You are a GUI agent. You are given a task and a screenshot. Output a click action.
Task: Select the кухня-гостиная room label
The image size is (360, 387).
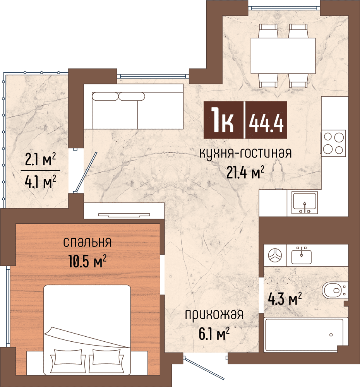tap(245, 153)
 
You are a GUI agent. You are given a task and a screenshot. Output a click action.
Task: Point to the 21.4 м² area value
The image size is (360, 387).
tap(245, 172)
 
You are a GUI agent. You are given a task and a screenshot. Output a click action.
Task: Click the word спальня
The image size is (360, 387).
tap(87, 242)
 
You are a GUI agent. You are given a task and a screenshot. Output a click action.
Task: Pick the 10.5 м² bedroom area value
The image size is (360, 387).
tap(87, 261)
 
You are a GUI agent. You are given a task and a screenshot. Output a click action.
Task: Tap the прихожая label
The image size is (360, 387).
tap(214, 315)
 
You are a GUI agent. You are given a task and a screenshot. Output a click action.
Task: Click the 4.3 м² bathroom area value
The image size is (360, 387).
tap(285, 299)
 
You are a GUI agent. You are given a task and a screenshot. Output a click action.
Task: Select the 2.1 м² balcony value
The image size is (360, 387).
tap(41, 159)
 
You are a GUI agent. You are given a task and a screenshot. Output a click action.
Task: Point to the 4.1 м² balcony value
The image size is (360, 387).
tap(41, 182)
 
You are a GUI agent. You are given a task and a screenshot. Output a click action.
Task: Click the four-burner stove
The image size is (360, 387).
tap(334, 143)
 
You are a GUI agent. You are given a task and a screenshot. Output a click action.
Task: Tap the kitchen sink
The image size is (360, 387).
tap(304, 202)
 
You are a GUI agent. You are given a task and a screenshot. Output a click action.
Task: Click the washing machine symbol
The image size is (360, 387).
tap(275, 255)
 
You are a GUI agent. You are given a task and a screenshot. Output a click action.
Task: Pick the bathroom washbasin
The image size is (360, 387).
tap(301, 256)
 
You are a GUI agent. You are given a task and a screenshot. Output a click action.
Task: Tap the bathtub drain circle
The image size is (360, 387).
tap(331, 335)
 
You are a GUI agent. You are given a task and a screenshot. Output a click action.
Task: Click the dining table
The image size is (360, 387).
tap(283, 56)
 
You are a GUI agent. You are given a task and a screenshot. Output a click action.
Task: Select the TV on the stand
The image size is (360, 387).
tap(124, 215)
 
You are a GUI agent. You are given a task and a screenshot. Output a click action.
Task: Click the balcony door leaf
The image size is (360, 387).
tap(86, 172)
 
